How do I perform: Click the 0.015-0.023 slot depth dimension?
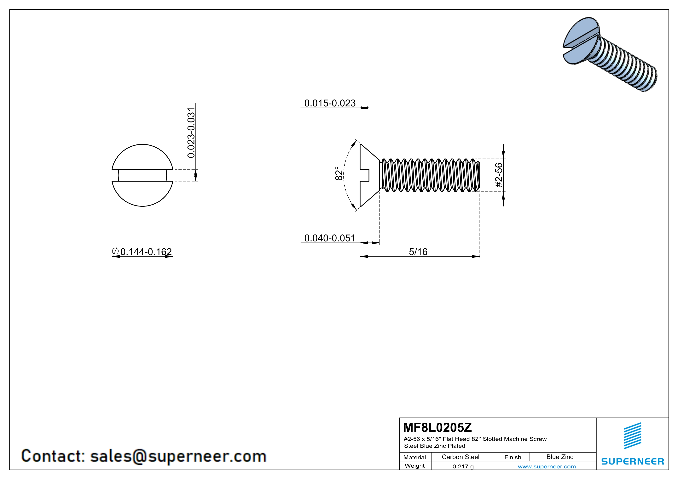[330, 103]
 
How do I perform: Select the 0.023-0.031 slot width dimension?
[191, 133]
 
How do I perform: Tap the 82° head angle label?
[339, 173]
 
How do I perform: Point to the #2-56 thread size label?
[498, 175]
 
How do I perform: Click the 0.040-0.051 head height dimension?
[330, 238]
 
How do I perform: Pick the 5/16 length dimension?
[418, 252]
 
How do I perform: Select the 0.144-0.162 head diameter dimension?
[146, 252]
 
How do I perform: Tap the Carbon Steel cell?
[460, 457]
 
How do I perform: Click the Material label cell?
[415, 457]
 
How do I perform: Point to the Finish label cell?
[513, 457]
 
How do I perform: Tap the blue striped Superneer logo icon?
[632, 436]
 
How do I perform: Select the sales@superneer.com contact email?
[178, 456]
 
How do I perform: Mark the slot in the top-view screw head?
[142, 175]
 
